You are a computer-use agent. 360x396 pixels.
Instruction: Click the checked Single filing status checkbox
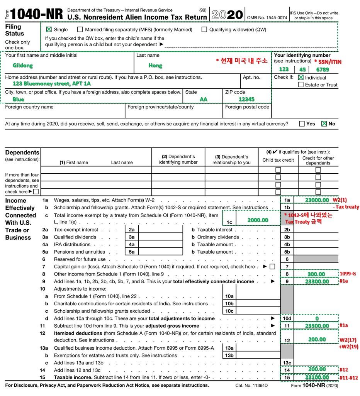tap(49, 29)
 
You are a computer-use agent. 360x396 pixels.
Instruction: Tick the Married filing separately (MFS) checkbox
tap(80, 29)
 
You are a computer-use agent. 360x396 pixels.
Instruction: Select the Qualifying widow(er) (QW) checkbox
tap(204, 29)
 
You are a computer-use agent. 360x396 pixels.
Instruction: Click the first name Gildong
tap(23, 65)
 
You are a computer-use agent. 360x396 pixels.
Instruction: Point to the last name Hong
tap(155, 66)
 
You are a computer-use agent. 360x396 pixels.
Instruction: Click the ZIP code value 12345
tap(246, 99)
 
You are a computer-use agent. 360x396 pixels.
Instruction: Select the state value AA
tap(203, 99)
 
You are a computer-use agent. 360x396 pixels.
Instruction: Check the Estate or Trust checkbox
tap(301, 85)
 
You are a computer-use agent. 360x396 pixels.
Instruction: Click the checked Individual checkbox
tap(301, 77)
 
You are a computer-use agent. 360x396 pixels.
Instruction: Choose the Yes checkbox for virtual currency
tap(302, 124)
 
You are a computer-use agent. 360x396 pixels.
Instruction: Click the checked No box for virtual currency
tap(324, 124)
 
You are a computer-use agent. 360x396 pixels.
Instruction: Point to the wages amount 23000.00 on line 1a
tap(317, 200)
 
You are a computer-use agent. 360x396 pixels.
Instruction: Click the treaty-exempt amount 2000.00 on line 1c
tap(258, 220)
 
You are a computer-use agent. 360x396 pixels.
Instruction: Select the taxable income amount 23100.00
tap(317, 377)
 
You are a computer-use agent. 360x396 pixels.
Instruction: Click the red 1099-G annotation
tap(348, 274)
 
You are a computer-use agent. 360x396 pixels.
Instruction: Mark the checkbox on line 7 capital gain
tap(272, 267)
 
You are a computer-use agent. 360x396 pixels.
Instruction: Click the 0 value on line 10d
tap(317, 318)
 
